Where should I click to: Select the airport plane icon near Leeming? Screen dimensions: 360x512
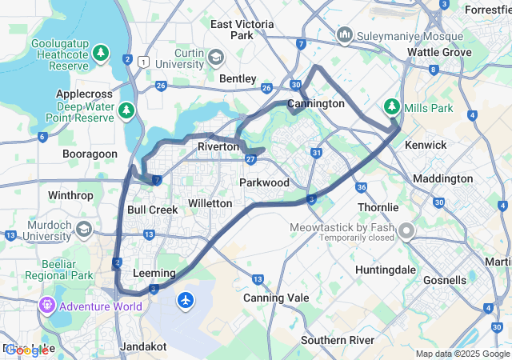tap(186, 300)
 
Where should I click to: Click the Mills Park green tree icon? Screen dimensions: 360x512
tap(392, 106)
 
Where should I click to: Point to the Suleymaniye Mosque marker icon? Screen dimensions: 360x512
tap(346, 36)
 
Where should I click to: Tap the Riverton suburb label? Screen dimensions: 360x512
tap(218, 146)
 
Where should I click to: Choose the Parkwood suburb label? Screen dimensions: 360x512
tap(264, 182)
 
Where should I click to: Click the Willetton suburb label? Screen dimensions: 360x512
tap(210, 203)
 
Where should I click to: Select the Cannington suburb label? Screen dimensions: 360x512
tap(316, 104)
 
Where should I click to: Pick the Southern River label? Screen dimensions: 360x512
tap(338, 340)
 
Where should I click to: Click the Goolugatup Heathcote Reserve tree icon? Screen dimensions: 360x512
tap(102, 54)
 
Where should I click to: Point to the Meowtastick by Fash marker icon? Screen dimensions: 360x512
tap(406, 232)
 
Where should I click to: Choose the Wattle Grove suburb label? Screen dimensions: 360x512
tap(439, 52)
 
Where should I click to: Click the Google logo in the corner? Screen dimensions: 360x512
tap(26, 350)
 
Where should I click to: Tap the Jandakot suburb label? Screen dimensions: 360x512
tap(143, 346)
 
